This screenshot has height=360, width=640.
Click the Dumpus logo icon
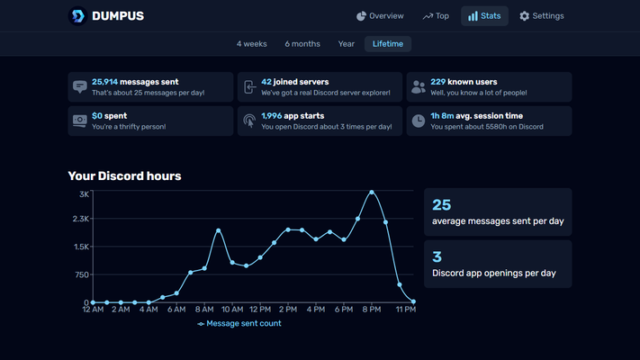pos(78,16)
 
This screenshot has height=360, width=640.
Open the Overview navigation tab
pos(380,16)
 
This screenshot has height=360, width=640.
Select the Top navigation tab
pos(436,16)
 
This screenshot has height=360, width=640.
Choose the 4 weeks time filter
pos(251,44)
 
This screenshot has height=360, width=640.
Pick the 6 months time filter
pos(302,44)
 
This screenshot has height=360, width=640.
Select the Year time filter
pos(346,44)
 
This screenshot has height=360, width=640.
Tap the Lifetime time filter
pos(388,44)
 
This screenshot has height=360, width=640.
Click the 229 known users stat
pos(438,82)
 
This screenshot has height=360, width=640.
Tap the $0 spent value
pos(97,116)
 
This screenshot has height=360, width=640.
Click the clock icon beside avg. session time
pos(419,121)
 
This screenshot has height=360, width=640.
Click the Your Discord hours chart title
pos(124,175)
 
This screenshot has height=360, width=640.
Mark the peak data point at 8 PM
pos(372,192)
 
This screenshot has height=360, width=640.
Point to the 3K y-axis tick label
pos(84,194)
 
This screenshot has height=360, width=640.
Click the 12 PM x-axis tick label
pos(260,310)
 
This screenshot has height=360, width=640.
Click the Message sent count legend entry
pos(239,323)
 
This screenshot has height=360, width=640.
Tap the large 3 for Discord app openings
pos(437,256)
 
